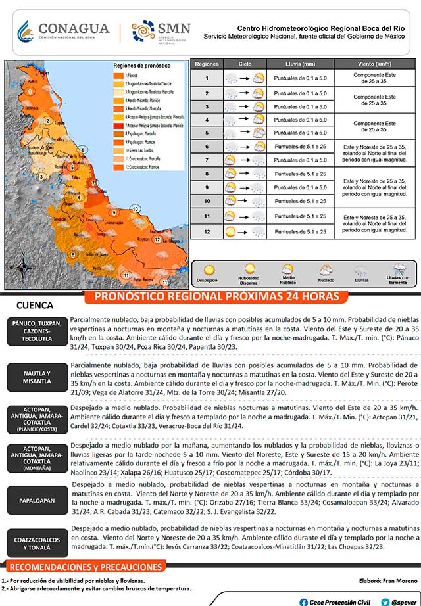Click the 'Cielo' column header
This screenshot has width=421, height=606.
tap(245, 64)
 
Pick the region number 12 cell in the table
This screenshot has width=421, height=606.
tap(207, 231)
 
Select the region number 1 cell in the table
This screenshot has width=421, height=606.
tap(207, 78)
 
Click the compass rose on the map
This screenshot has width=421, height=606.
tap(22, 268)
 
